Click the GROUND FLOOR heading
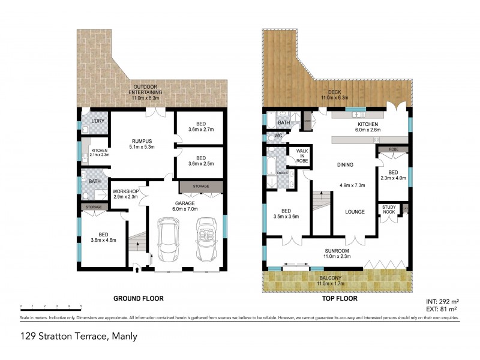click(x=139, y=298)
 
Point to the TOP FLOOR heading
click(x=337, y=298)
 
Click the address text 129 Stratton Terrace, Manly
click(x=79, y=336)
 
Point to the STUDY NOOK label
click(x=388, y=208)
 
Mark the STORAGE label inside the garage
click(x=200, y=187)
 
